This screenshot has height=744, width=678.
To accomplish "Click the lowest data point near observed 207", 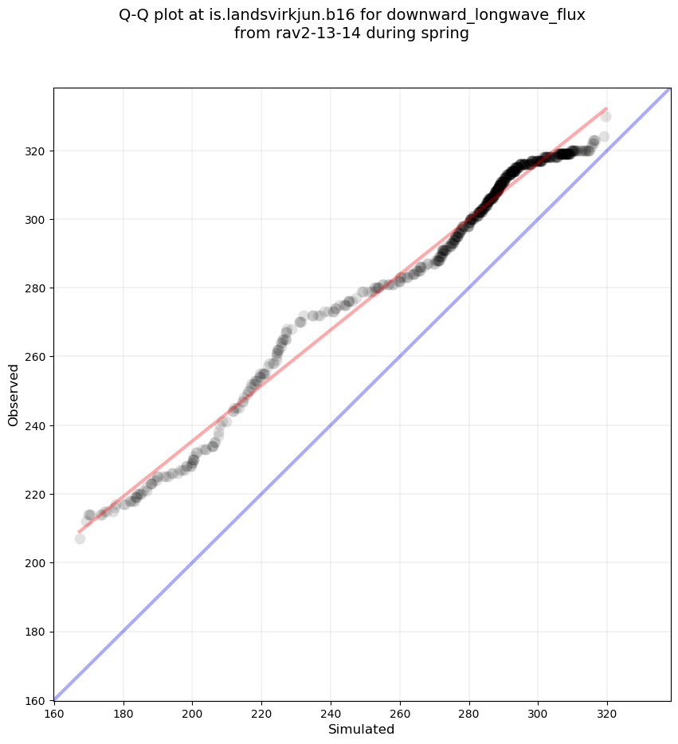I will [x=80, y=538].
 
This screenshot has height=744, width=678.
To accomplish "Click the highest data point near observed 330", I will [x=605, y=117].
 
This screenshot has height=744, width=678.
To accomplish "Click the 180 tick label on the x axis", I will [x=123, y=714].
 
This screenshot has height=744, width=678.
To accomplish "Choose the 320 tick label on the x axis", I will [x=607, y=714].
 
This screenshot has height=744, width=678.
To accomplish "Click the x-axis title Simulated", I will [x=362, y=729].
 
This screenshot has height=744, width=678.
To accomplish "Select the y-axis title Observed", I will [x=14, y=394].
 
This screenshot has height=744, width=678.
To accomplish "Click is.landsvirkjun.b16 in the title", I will [x=288, y=16].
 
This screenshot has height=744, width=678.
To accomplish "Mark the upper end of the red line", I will [x=606, y=108].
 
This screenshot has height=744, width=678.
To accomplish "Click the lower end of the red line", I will [x=79, y=531].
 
